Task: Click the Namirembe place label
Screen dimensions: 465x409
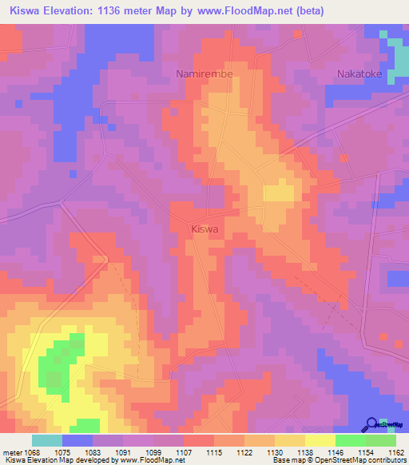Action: point(204,74)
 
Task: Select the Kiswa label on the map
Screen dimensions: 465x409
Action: point(205,229)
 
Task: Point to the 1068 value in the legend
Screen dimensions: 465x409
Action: point(33,451)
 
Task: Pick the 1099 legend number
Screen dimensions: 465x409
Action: point(154,451)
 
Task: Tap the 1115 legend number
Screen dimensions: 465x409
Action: point(215,451)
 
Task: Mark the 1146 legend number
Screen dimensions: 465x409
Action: point(336,451)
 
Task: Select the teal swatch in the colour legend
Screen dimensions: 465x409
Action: point(47,440)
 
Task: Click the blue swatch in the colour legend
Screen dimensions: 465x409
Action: point(77,440)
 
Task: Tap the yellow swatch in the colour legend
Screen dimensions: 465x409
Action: point(320,440)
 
